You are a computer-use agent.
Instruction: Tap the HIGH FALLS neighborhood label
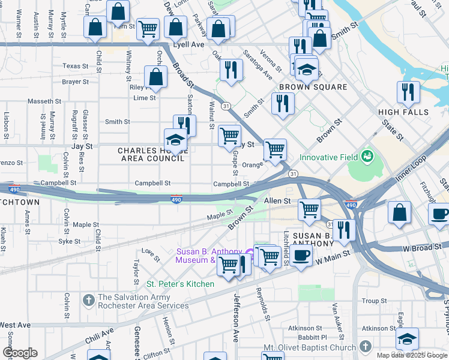[403, 112]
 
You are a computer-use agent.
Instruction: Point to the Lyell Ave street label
[190, 45]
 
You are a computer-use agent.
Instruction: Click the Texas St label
[75, 66]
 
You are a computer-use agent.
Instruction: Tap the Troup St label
[374, 301]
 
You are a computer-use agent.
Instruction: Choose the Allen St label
[277, 201]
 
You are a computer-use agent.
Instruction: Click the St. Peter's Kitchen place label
[181, 284]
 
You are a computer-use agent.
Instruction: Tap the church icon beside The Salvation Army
[88, 298]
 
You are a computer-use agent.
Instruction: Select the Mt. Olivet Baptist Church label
[309, 347]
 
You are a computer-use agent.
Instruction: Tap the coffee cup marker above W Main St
[301, 256]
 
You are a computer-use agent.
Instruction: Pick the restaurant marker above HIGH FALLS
[408, 92]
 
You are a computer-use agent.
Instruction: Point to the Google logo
[20, 353]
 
